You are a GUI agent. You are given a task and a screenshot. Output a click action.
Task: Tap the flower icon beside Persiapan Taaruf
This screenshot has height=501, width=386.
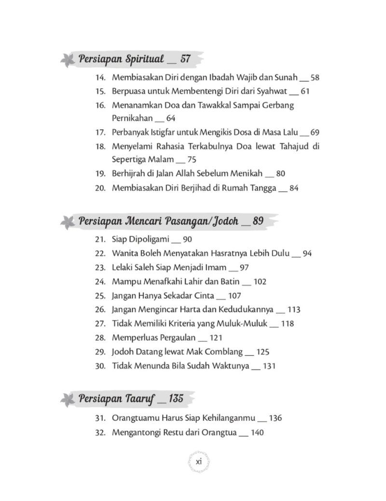coord(67,400)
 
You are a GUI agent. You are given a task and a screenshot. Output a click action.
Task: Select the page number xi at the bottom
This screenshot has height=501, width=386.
coord(198,461)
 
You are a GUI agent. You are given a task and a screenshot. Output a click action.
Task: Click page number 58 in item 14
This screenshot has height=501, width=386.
coord(316,78)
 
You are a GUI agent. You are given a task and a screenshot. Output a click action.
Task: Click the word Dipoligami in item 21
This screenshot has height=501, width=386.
coord(147,239)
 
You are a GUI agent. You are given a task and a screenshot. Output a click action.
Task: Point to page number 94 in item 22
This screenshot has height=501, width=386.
coord(307,253)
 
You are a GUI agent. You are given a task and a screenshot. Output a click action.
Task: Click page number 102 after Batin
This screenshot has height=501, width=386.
coord(259,282)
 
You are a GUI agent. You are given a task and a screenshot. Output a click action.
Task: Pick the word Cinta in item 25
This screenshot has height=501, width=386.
coord(201,296)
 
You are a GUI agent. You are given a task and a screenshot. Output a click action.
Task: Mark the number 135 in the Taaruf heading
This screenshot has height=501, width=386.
coord(177,399)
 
